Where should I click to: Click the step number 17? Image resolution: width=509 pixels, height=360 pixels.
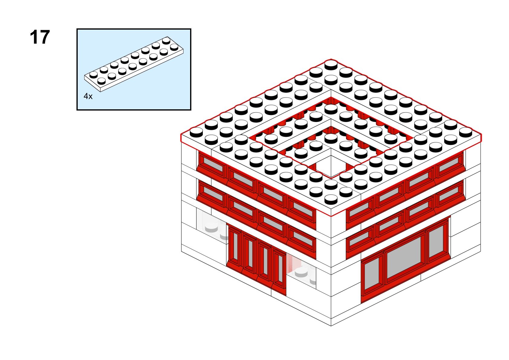coord(40,37)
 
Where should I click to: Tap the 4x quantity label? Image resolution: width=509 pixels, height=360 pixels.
coord(88,96)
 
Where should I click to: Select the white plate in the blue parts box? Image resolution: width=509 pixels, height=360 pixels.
coord(134,64)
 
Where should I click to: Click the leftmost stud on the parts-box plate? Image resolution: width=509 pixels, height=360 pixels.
coord(93,75)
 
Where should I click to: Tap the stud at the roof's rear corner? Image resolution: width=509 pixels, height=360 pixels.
coord(331,64)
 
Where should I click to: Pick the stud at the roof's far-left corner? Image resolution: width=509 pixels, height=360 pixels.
coord(196,132)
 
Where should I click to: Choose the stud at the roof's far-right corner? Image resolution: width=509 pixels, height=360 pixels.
coord(465,132)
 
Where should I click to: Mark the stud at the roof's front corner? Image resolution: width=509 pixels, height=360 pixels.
coord(331,199)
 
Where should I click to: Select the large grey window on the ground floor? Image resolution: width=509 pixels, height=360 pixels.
coord(404,257)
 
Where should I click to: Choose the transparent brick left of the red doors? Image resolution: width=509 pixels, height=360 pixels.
coord(212,226)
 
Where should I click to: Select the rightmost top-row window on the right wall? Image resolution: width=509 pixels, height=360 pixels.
coord(449,165)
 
